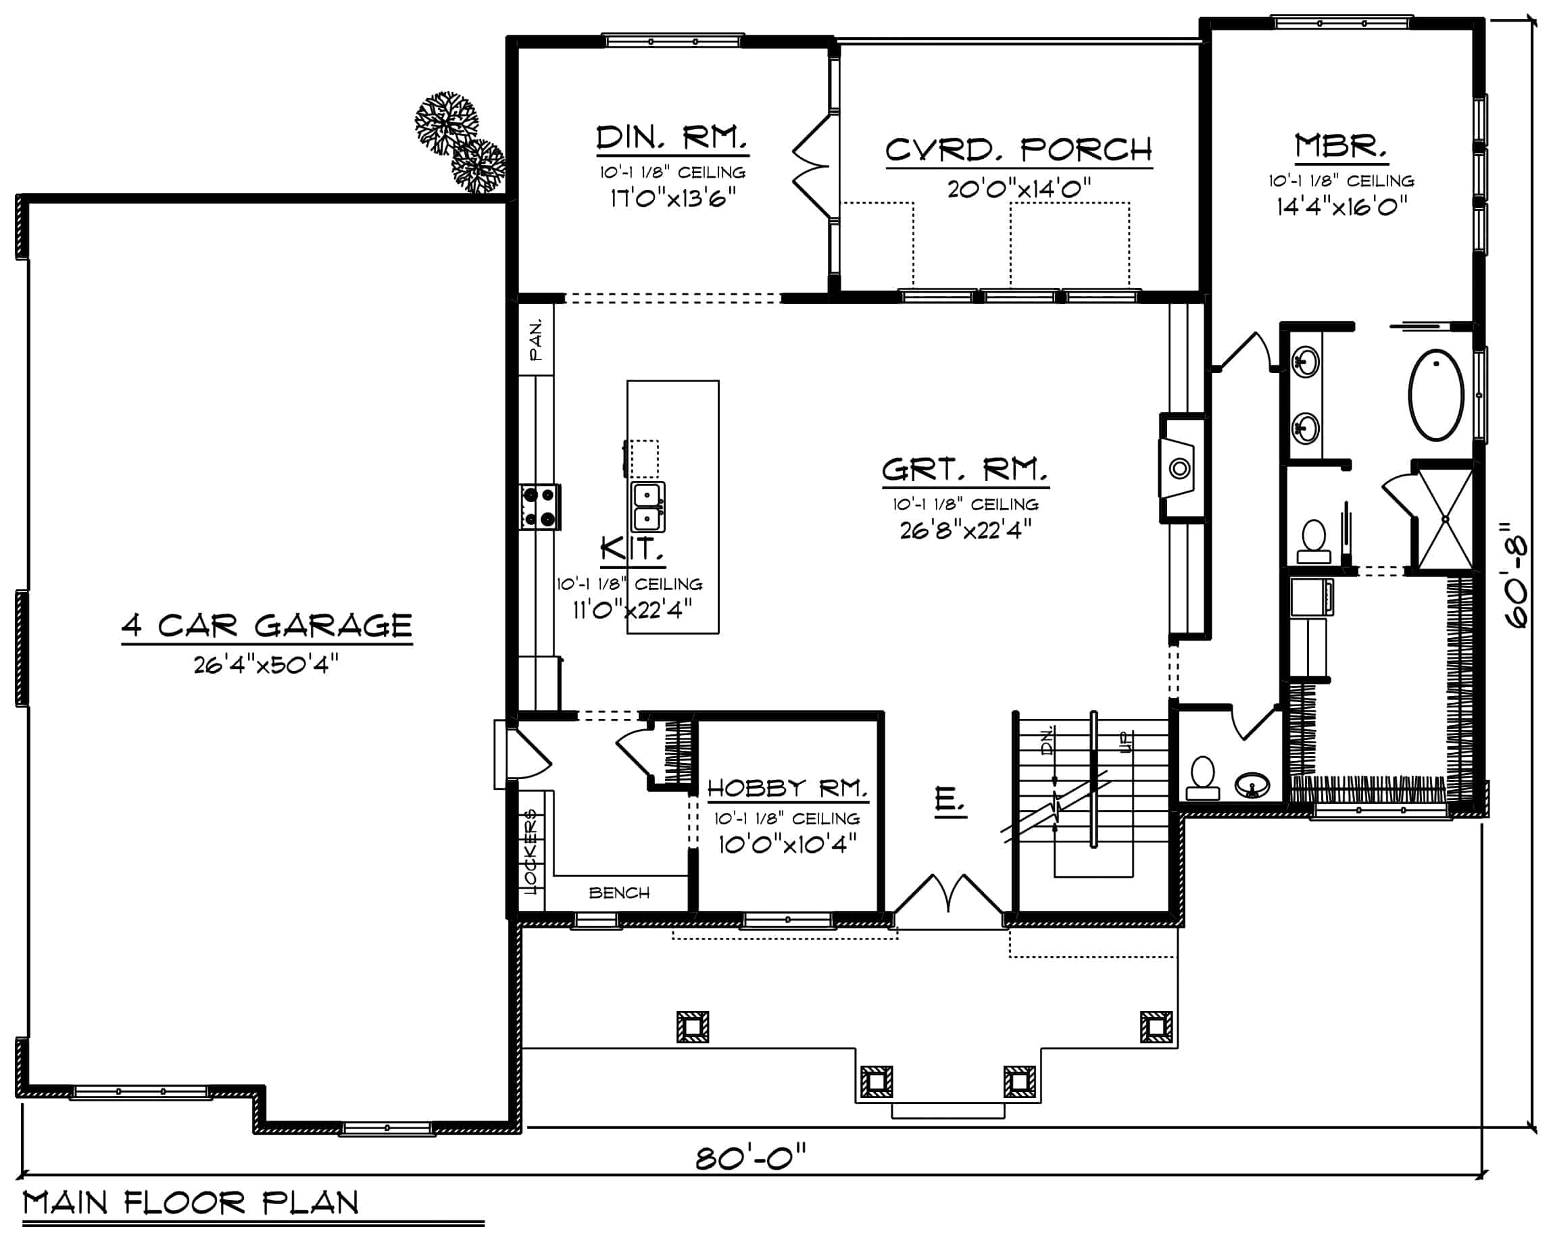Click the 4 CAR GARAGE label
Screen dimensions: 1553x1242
pos(267,625)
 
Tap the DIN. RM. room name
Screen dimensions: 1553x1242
pos(672,138)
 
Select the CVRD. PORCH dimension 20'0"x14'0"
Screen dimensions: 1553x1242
pos(1019,189)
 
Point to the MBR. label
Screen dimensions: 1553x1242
pos(1341,146)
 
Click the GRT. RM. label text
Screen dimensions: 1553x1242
pos(965,470)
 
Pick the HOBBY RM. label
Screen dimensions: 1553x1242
pos(788,788)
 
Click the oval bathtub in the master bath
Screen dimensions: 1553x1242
pos(1436,395)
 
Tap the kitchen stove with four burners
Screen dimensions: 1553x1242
pos(540,507)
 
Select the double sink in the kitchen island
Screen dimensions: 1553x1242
pos(647,507)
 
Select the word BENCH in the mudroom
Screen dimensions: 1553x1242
pos(620,893)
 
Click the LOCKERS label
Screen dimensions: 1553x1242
pos(532,851)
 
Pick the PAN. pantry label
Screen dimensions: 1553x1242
pos(537,340)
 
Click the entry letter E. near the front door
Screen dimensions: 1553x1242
pos(950,799)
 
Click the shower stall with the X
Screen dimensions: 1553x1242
pos(1445,519)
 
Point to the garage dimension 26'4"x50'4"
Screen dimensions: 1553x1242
pos(266,664)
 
